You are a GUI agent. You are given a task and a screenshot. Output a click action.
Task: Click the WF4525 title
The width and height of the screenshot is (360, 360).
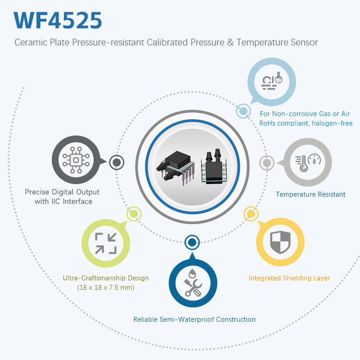tap(58, 20)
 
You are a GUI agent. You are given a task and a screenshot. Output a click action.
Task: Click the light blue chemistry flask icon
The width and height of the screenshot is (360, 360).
tap(272, 81)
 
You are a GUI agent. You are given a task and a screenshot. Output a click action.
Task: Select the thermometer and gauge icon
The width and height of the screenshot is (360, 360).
tap(307, 162)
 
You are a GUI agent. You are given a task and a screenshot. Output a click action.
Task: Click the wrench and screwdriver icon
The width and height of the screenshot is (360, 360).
tap(192, 283)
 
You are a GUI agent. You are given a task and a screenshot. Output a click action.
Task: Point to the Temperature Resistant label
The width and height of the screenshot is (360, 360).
tap(310, 194)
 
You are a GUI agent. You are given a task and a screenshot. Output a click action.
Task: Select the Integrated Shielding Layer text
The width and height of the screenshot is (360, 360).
tap(289, 278)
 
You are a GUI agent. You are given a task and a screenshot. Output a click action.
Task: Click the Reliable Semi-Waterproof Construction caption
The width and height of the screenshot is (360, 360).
tap(194, 319)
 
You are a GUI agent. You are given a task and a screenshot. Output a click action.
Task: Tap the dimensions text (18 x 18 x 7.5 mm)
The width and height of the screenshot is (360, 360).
tap(106, 287)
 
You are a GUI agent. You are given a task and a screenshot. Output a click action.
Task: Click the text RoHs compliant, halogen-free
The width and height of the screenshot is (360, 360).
tap(306, 123)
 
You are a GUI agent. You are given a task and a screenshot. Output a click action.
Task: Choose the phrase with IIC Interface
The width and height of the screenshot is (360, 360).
tap(63, 201)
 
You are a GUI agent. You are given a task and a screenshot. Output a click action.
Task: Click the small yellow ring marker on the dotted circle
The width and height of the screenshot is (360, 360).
tap(250, 213)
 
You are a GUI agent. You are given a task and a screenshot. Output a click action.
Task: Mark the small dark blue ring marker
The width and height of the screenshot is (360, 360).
tap(192, 243)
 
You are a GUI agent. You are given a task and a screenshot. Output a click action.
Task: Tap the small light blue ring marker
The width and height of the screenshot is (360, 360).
tap(243, 111)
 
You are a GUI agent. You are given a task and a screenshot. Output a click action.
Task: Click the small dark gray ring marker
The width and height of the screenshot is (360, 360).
tap(117, 162)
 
